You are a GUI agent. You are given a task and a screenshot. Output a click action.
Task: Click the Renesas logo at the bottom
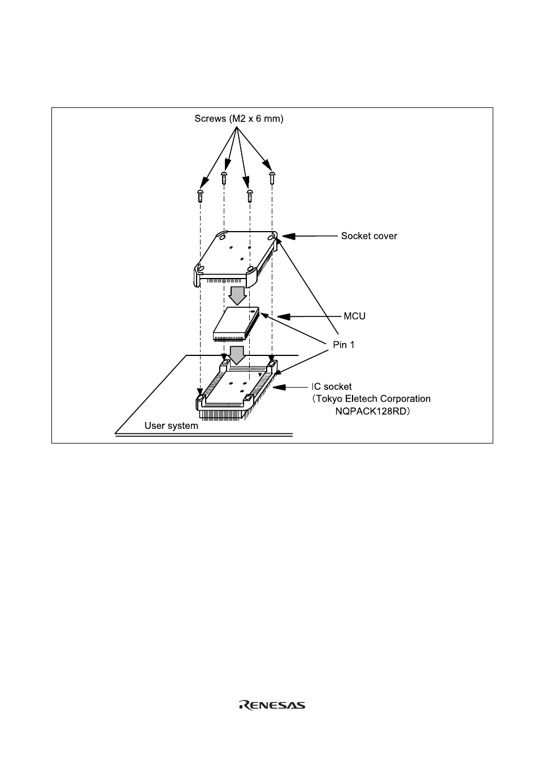[272, 705]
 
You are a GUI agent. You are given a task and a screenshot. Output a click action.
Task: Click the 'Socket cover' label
[369, 236]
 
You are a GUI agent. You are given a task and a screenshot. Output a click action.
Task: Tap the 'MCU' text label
[354, 316]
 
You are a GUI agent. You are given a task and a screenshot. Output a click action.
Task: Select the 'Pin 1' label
[344, 345]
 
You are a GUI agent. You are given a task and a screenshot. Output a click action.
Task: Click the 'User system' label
[171, 425]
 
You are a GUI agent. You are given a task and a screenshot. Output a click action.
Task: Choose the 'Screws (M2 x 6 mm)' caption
[238, 119]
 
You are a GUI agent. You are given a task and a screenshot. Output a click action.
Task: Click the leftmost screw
[200, 195]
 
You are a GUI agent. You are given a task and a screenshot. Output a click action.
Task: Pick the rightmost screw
[272, 177]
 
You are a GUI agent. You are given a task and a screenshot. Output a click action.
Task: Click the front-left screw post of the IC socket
[200, 401]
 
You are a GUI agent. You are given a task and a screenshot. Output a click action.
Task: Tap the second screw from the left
[224, 179]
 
